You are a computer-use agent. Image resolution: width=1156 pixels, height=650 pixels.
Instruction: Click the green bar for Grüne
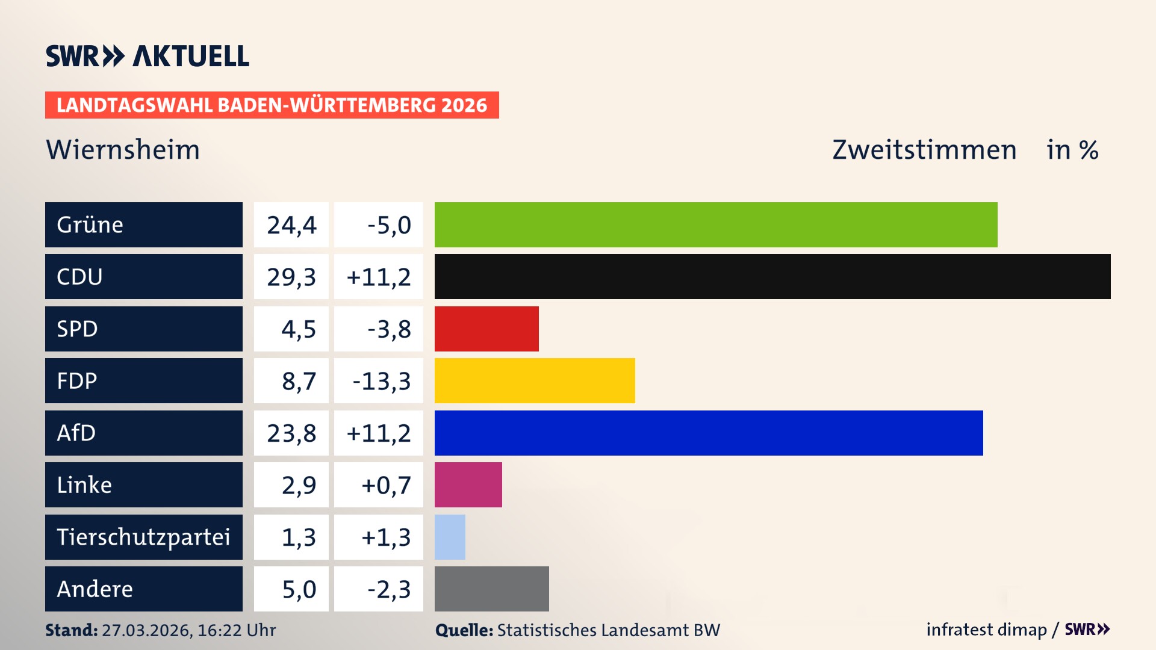click(715, 224)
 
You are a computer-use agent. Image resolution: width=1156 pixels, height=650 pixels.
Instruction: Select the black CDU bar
click(772, 276)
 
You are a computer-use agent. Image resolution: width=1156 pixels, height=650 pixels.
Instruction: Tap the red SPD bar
click(486, 329)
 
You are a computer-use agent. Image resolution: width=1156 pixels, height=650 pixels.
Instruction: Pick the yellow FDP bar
click(535, 380)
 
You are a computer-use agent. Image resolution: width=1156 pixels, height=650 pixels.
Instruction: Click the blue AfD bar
click(708, 433)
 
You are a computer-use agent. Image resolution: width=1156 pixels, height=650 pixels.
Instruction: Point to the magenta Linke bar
click(468, 484)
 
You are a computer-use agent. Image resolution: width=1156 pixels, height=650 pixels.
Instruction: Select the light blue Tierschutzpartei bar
click(450, 537)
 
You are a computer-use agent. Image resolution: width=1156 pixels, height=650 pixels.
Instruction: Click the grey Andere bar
click(491, 589)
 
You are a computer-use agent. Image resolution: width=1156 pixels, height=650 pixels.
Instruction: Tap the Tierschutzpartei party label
click(143, 537)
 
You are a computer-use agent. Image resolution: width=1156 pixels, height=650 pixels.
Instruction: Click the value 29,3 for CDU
click(291, 277)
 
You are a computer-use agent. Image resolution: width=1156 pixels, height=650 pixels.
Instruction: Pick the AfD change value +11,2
click(379, 433)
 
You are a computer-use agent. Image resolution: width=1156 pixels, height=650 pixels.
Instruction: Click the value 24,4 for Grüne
click(291, 225)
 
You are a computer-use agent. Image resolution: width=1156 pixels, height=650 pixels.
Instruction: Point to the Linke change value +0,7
click(385, 485)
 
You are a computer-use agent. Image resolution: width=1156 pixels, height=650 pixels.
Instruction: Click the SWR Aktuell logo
click(148, 56)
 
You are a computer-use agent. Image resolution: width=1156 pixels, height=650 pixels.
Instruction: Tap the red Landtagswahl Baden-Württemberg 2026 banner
click(272, 105)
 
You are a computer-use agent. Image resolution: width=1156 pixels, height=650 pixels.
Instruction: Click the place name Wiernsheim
click(123, 149)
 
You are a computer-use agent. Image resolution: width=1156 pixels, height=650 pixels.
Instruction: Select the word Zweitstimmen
click(924, 149)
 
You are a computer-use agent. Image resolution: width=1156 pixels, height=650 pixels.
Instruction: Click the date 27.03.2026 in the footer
click(147, 630)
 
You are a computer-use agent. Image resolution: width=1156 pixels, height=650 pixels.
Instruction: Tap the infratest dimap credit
click(986, 630)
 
